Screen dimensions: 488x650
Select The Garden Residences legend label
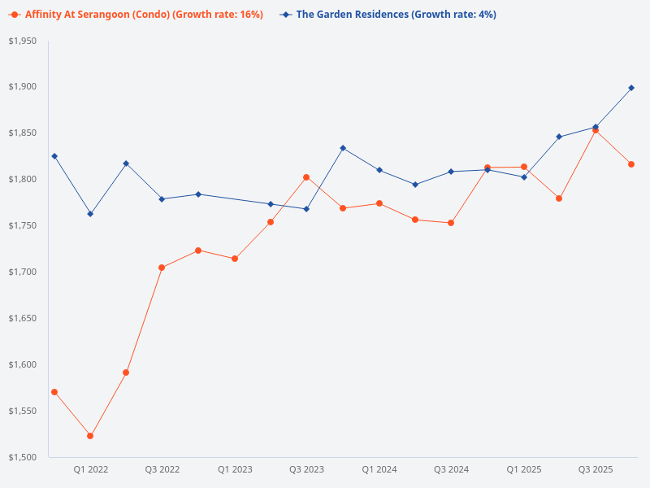pos(396,15)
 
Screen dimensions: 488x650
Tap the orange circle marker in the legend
pos(15,15)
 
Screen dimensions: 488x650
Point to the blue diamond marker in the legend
pos(284,15)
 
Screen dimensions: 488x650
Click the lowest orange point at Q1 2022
pos(90,436)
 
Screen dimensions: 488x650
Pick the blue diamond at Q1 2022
pos(90,214)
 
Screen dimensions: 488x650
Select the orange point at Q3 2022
pos(162,268)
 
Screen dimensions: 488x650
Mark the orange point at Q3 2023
pos(306,177)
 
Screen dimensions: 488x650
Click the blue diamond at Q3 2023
pos(306,209)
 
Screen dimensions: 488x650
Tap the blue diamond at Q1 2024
pos(379,170)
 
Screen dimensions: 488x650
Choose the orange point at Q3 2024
pos(451,223)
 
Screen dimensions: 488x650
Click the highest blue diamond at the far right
pos(631,88)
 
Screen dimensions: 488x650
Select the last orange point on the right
pos(631,164)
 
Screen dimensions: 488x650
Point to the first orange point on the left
pos(54,392)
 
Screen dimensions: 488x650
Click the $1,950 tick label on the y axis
pos(23,41)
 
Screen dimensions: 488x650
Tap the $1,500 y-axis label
pos(23,457)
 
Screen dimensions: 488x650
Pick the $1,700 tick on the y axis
pos(23,272)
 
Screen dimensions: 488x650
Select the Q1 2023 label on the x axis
pos(235,469)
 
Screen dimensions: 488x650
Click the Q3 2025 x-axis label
pos(596,469)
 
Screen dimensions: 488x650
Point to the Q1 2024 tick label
pos(379,469)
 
